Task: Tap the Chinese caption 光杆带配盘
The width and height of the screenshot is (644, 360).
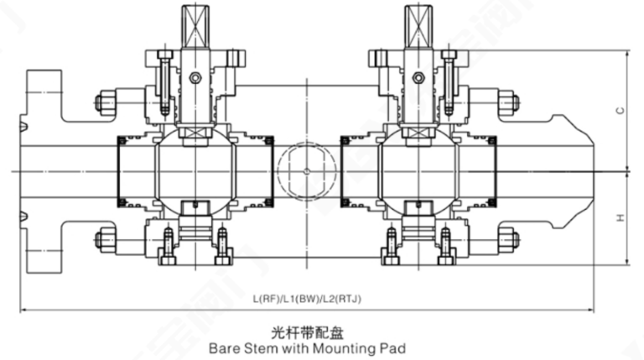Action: (x=307, y=330)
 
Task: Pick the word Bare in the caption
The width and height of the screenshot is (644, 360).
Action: (x=224, y=345)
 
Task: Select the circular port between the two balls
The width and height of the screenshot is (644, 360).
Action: (x=305, y=172)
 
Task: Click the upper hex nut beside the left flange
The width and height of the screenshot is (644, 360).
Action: (x=106, y=103)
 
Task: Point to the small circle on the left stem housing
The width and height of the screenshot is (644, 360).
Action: (x=195, y=79)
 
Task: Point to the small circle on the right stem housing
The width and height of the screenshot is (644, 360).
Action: (x=419, y=79)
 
